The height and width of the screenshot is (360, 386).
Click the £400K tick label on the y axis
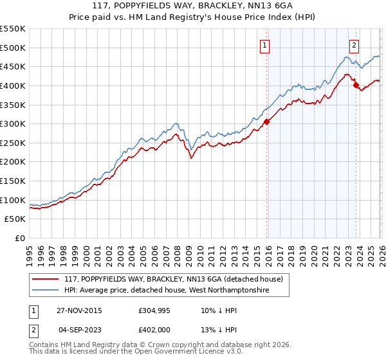point(13,85)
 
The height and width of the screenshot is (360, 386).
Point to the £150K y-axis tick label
point(13,181)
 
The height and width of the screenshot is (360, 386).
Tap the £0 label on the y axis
point(21,239)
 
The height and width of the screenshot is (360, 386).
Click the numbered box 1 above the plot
point(265,45)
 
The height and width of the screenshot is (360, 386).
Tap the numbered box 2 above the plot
point(354,45)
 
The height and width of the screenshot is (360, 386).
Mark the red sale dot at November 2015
point(266,122)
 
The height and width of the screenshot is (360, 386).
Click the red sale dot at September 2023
point(356,85)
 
